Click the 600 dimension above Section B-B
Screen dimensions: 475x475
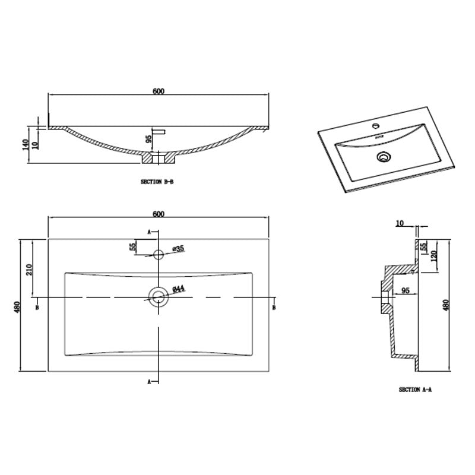[158, 91]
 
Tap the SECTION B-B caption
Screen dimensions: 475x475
[157, 182]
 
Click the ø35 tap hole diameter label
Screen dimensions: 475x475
[176, 249]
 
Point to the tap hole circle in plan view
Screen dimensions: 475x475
[158, 255]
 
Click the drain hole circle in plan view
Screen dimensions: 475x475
[158, 296]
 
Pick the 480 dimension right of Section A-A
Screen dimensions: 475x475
[446, 305]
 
